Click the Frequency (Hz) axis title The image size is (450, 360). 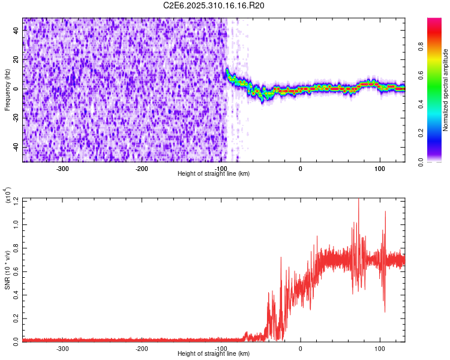click(x=7, y=89)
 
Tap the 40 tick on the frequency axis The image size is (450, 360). click(x=16, y=31)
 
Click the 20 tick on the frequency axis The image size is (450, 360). click(x=16, y=60)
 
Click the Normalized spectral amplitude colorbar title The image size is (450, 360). click(x=446, y=90)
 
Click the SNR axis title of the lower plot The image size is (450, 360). click(x=7, y=269)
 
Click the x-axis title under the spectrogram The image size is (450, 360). click(x=214, y=173)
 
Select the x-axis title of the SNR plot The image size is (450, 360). click(x=214, y=353)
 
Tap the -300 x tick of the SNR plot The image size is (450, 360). click(x=63, y=348)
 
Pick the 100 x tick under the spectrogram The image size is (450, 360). click(x=379, y=168)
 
